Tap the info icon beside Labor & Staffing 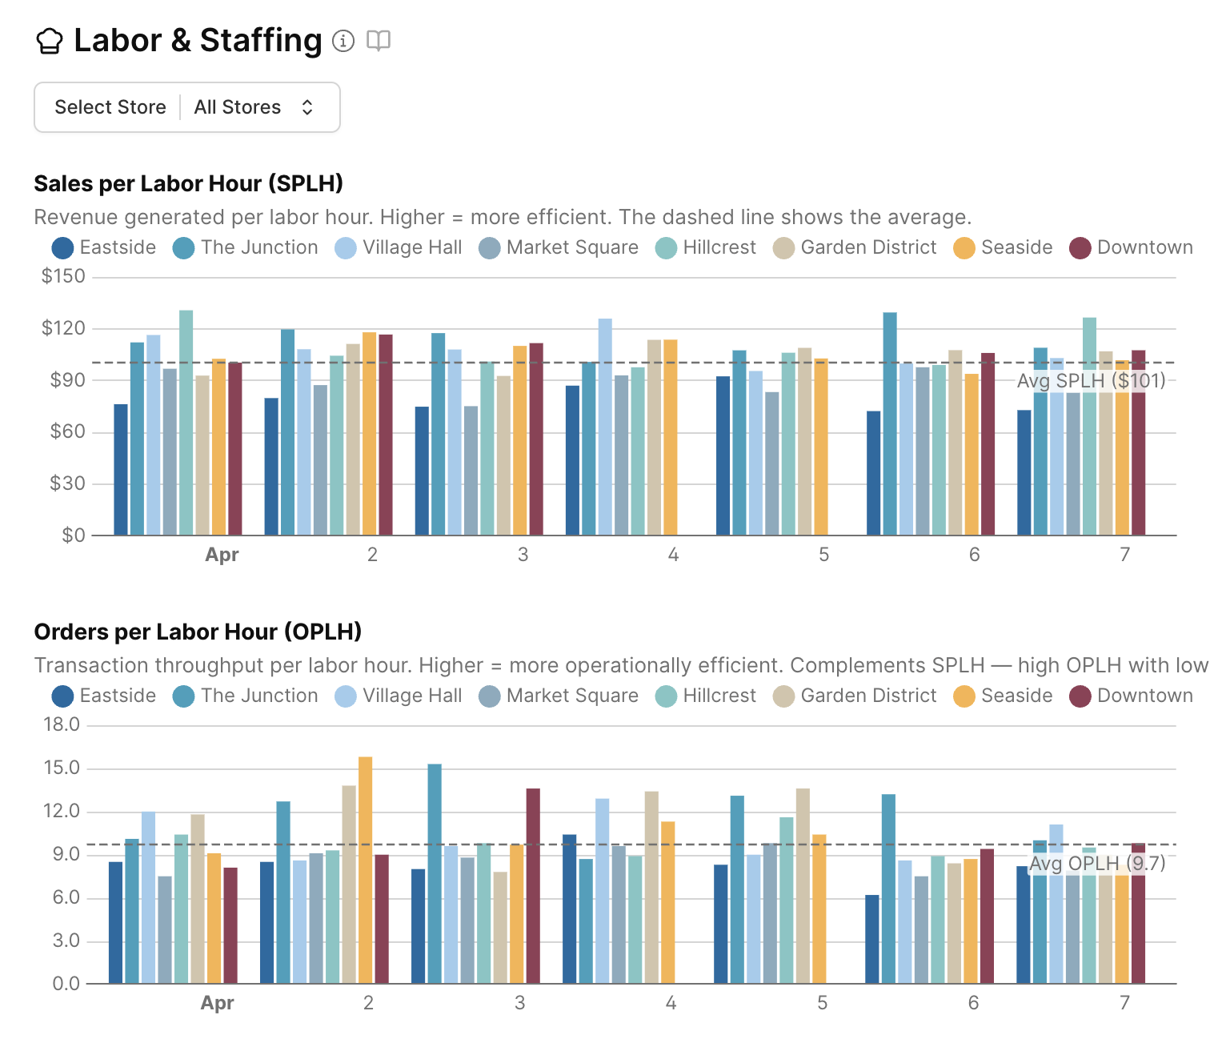click(x=343, y=41)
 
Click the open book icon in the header click(x=379, y=40)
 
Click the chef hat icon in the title click(x=50, y=41)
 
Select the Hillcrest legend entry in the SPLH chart click(x=705, y=248)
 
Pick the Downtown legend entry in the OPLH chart click(x=1131, y=696)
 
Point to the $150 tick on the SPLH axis click(x=63, y=276)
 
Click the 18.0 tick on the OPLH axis click(x=62, y=725)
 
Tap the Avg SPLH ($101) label click(x=1091, y=380)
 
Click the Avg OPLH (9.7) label click(x=1096, y=864)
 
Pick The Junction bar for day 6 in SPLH click(x=890, y=423)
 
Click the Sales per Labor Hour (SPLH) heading click(x=188, y=184)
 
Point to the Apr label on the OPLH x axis click(x=217, y=1003)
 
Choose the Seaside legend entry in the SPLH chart click(x=1003, y=248)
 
